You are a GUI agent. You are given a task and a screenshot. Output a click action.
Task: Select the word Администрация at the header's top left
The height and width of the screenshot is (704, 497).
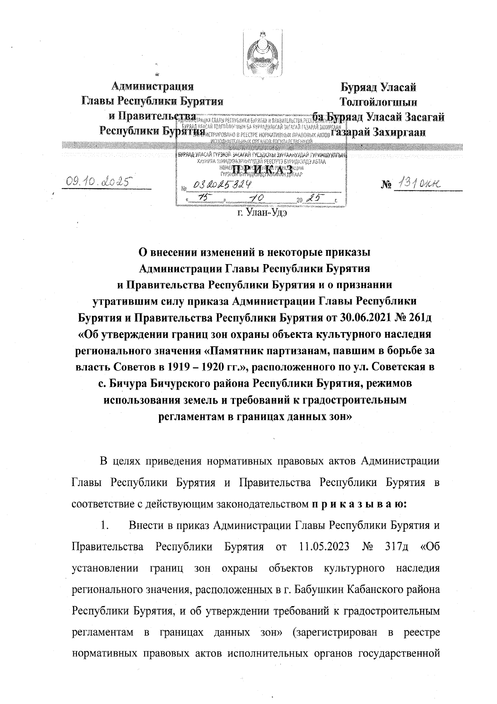tap(153, 87)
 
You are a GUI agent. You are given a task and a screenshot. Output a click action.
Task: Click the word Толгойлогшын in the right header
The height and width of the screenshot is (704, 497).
tap(378, 102)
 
